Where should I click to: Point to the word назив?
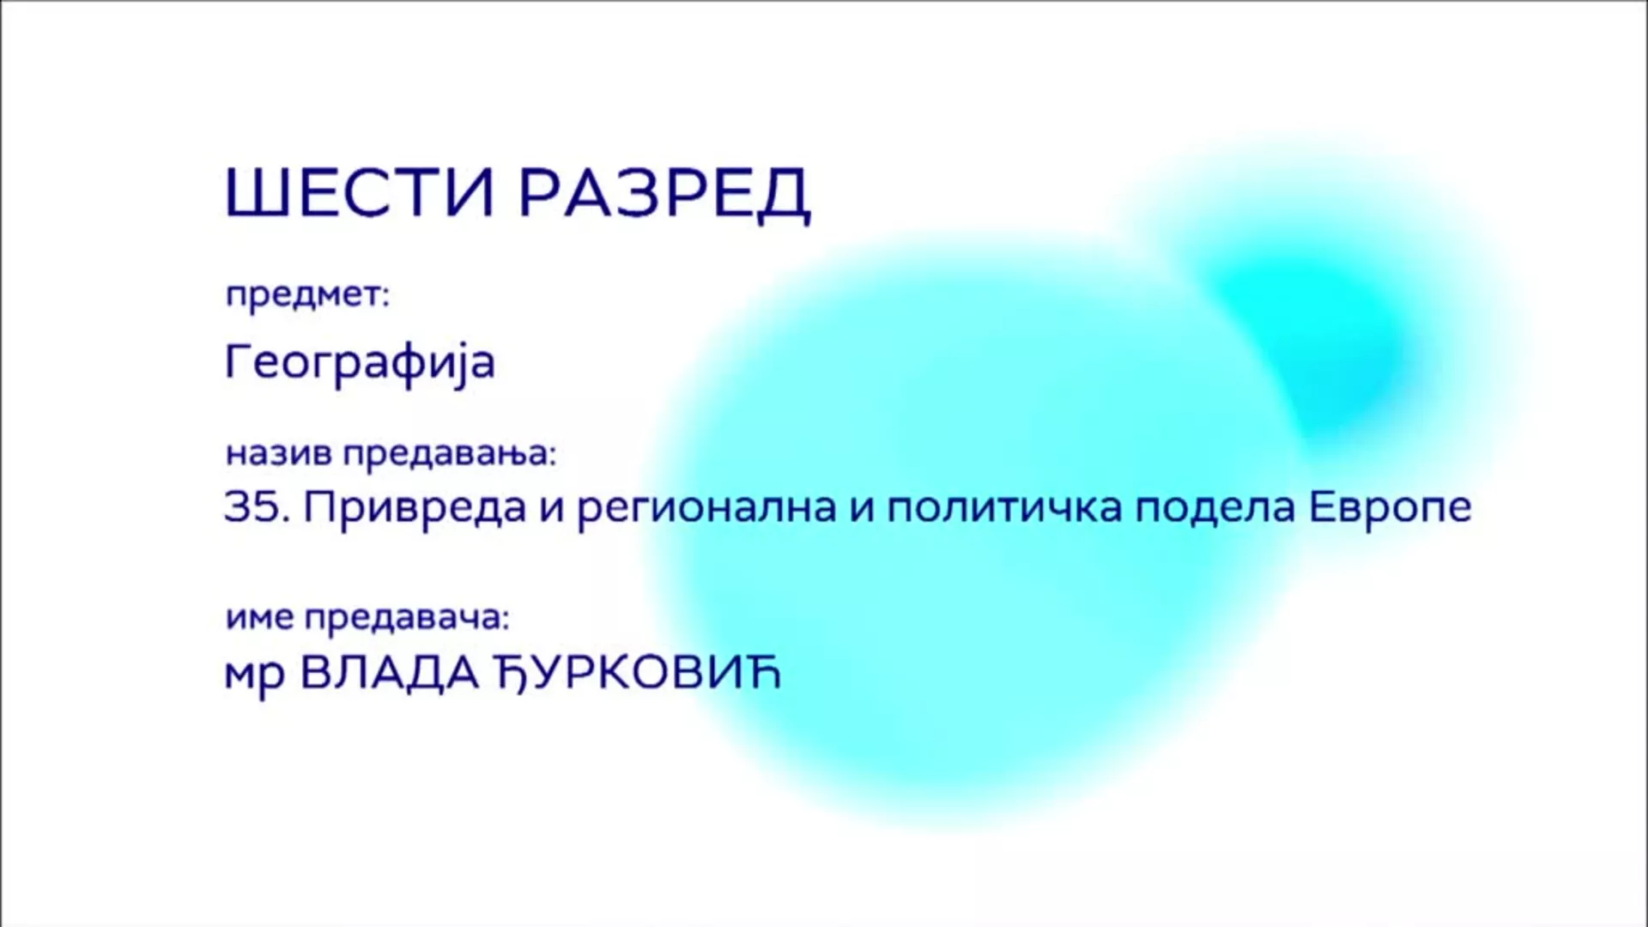click(278, 453)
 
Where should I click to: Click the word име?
click(259, 618)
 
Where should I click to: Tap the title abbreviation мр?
click(254, 676)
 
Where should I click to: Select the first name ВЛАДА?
click(390, 673)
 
